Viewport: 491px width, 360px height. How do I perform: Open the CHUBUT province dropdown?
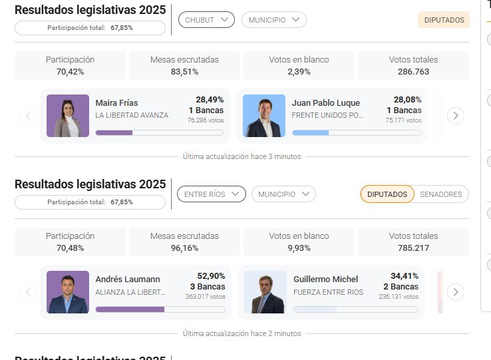click(x=206, y=20)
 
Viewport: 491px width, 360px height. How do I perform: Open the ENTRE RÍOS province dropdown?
click(x=211, y=194)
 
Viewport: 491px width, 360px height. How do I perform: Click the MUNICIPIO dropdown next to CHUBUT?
click(x=273, y=20)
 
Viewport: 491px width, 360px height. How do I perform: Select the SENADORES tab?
click(x=441, y=194)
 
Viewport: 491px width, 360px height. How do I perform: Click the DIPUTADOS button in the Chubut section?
click(x=444, y=20)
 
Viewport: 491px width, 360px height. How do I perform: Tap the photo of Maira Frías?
click(x=68, y=116)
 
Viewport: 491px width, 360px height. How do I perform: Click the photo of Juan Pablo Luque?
click(x=263, y=116)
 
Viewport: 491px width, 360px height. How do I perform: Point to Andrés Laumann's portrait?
click(x=68, y=292)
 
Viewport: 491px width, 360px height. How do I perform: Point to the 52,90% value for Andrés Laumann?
click(x=211, y=275)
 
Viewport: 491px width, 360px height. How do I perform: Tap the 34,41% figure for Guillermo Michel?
click(x=405, y=275)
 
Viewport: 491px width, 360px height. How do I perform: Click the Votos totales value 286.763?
click(x=413, y=71)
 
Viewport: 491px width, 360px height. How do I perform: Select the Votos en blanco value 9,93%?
click(x=299, y=248)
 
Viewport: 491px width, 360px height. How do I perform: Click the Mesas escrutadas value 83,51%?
click(x=184, y=71)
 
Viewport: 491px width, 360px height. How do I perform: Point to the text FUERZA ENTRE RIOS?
click(x=328, y=292)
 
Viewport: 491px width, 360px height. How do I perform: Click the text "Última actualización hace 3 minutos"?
click(x=242, y=157)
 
